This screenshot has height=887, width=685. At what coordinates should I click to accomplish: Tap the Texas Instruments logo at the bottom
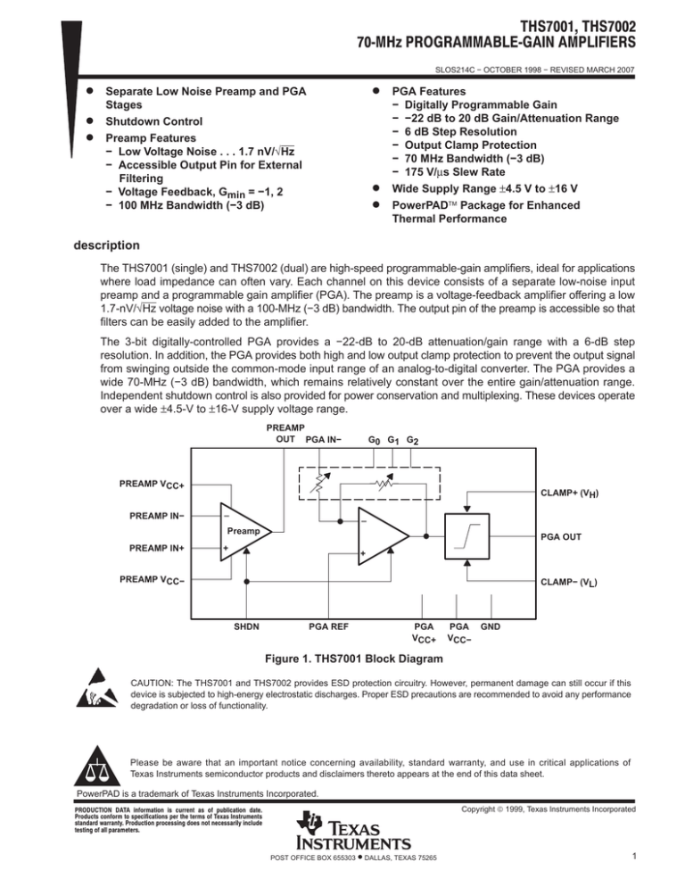tap(355, 832)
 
